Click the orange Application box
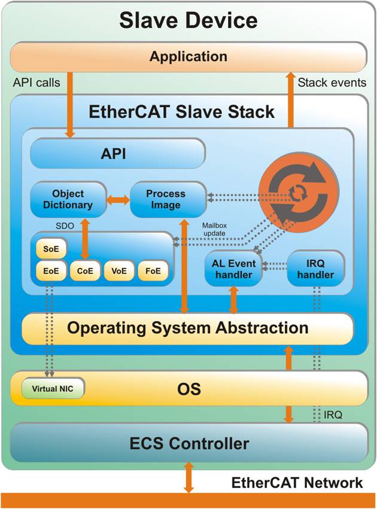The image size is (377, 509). click(188, 57)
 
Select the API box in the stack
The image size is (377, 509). click(117, 154)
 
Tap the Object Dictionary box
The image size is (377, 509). click(68, 200)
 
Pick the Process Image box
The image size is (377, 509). click(166, 200)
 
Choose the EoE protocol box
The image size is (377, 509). click(51, 271)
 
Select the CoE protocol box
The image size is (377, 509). click(84, 271)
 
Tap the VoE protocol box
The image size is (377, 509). click(118, 271)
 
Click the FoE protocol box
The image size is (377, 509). click(153, 271)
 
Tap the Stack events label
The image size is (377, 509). click(331, 82)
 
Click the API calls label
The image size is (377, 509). click(37, 82)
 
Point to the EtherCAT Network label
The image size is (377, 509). click(297, 482)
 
